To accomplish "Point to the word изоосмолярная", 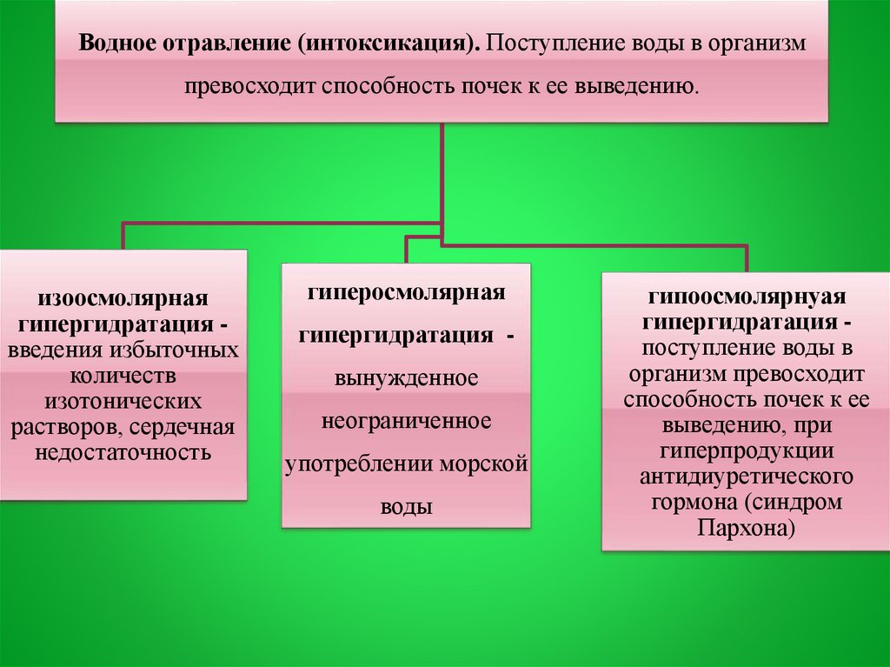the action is point(123,299).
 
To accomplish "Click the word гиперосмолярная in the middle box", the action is point(407,290).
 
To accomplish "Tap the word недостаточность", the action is point(123,453).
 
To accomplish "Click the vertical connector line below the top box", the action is point(442,174).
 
